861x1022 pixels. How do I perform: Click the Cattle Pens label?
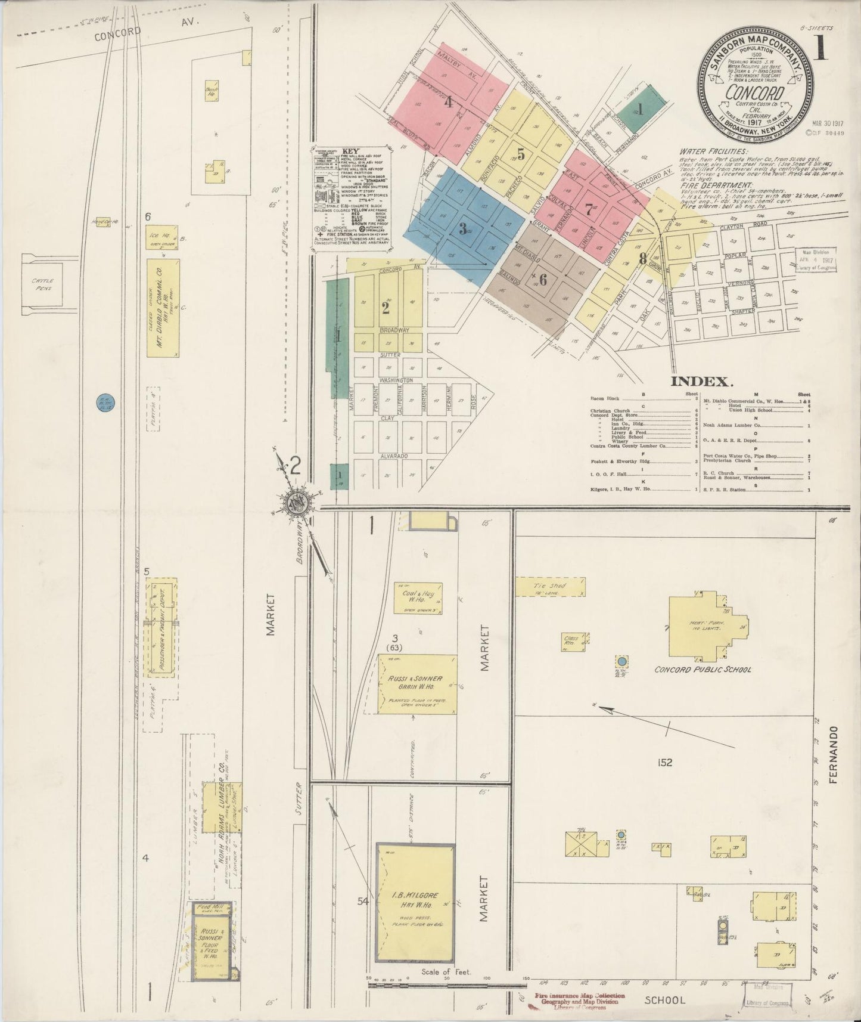[43, 284]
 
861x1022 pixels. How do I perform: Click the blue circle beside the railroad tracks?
[106, 404]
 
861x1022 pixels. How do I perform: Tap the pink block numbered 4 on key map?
[448, 101]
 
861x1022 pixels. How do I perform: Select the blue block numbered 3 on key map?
[462, 228]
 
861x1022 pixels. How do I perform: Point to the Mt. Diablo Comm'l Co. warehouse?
[163, 307]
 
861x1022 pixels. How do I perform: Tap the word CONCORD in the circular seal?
[754, 92]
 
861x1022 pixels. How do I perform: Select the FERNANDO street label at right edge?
[833, 754]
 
